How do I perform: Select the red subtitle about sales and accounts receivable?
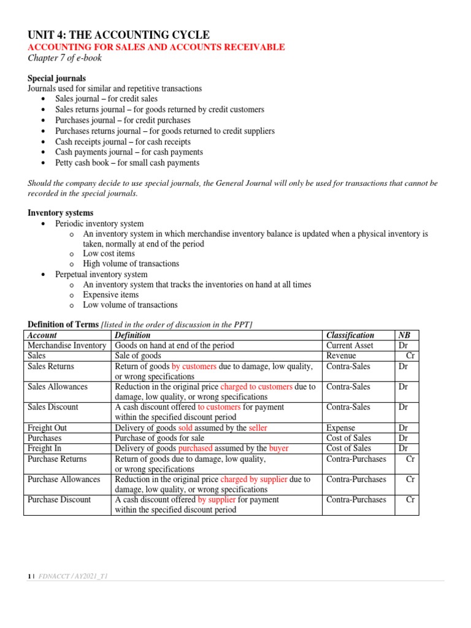tap(156, 47)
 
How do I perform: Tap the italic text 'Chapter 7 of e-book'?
tap(65, 58)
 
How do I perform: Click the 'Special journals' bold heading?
tap(57, 78)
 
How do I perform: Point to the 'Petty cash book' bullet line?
tap(127, 163)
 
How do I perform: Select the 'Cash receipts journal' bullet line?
tap(123, 142)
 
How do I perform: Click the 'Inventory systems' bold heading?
tap(61, 213)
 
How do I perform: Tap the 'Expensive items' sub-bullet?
tap(111, 294)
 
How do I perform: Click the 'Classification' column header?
tap(350, 335)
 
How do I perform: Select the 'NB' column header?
tap(404, 335)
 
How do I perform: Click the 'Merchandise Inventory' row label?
tap(67, 345)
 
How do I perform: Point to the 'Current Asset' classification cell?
tap(350, 345)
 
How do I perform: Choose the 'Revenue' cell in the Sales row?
tap(341, 356)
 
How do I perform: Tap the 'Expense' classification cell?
tap(342, 427)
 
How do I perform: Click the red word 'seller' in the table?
tap(258, 427)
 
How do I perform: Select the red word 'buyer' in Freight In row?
tap(278, 448)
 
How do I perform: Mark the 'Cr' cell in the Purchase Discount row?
tap(411, 499)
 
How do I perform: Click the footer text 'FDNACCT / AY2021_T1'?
tap(74, 576)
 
